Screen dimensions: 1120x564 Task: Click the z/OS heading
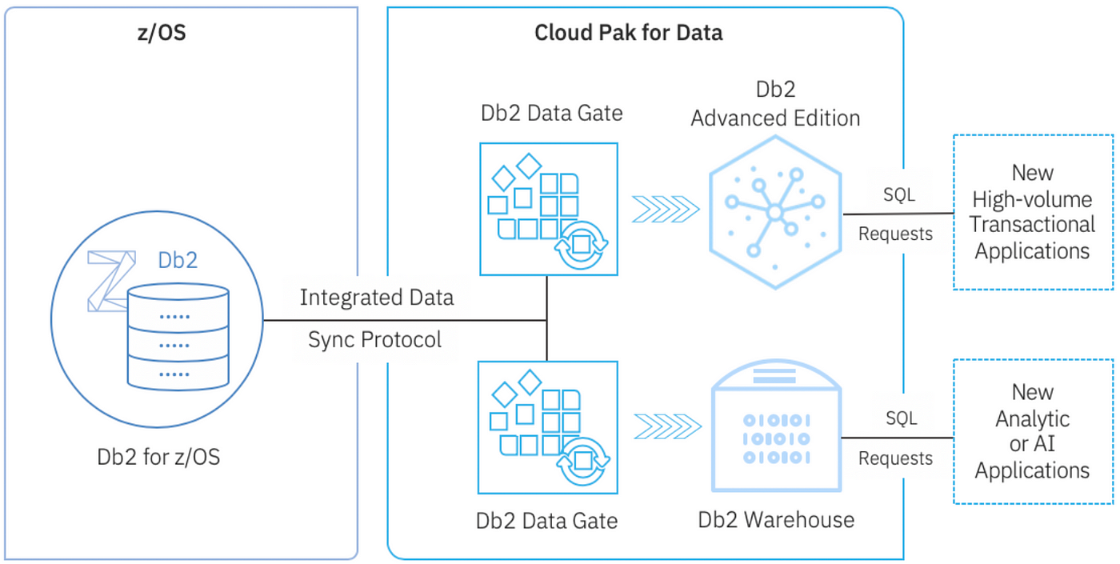(162, 33)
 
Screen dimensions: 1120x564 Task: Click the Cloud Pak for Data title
(629, 33)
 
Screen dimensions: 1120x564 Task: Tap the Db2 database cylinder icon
(178, 336)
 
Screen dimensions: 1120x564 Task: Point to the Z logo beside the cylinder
(111, 281)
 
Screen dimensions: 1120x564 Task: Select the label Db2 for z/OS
(158, 457)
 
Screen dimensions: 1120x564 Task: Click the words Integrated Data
(377, 298)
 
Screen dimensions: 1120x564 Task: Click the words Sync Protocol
(374, 339)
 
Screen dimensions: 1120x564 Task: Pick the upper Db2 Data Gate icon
(549, 209)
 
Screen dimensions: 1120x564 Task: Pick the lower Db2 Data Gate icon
(548, 427)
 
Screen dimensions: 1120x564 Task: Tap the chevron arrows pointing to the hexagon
(666, 210)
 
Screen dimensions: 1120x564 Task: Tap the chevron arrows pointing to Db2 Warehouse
(667, 427)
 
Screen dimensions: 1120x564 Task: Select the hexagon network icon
(775, 213)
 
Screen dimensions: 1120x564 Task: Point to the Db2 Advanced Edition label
(775, 104)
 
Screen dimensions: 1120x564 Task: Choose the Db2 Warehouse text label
(776, 520)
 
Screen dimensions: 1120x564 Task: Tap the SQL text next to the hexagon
(899, 194)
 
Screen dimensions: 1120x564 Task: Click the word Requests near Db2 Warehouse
(895, 458)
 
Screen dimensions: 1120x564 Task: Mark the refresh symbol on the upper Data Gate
(581, 245)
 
